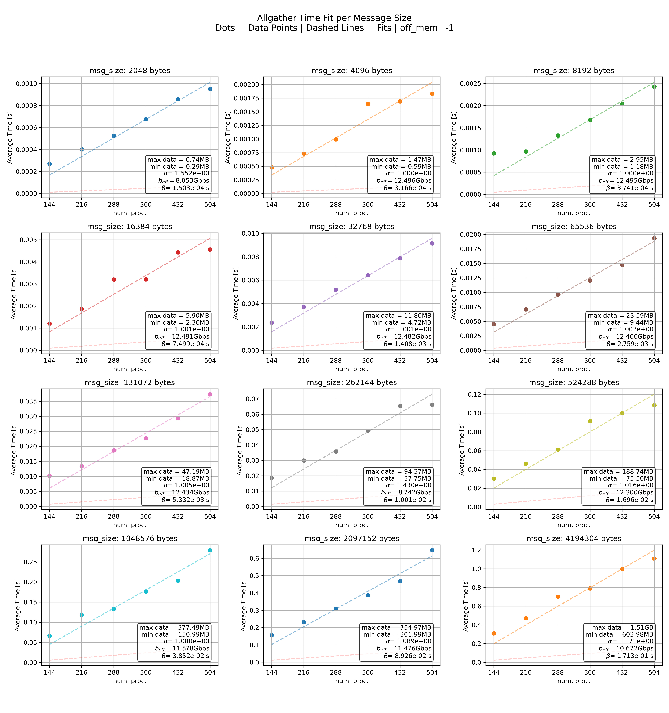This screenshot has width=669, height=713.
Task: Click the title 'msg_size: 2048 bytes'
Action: click(130, 71)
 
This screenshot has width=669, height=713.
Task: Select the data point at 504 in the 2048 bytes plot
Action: click(210, 89)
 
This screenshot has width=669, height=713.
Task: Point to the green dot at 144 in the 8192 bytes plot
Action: click(494, 153)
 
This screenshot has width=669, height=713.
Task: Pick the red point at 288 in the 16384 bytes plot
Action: click(114, 279)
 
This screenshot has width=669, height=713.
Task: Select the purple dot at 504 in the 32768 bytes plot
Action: click(432, 243)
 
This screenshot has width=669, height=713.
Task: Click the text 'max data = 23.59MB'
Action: click(620, 316)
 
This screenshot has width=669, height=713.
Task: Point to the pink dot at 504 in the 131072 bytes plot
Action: click(210, 394)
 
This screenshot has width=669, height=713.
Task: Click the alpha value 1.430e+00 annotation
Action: click(408, 485)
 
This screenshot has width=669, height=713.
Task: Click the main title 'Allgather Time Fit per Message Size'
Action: click(334, 18)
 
